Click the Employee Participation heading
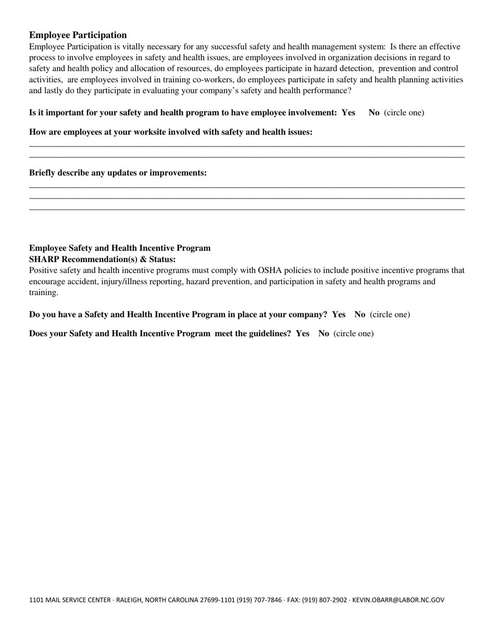78,35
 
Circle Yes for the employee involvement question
349,113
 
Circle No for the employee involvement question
374,113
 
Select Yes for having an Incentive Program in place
339,315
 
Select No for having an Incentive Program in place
360,315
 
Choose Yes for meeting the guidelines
303,334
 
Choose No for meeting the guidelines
324,334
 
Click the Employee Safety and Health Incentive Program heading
120,248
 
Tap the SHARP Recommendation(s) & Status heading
102,260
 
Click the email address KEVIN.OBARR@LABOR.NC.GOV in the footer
399,600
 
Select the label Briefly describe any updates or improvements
118,173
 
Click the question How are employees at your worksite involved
170,132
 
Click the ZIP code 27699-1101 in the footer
217,600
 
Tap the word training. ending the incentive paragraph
44,293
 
